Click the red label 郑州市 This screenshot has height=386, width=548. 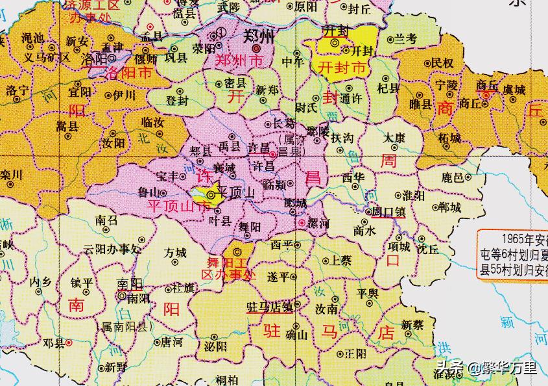click(240, 62)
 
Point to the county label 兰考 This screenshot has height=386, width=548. click(405, 40)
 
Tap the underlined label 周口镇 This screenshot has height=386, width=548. click(388, 212)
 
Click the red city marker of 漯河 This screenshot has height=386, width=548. click(302, 223)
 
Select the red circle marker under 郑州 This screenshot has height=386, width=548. click(256, 48)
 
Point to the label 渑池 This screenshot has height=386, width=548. click(32, 38)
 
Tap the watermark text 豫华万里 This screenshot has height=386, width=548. click(512, 369)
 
